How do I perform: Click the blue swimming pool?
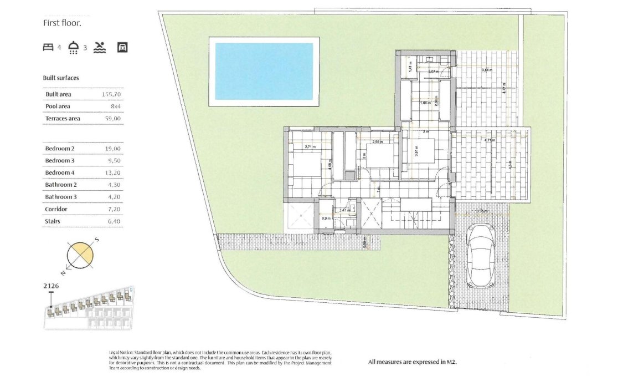tap(264, 72)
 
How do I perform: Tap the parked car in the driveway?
tap(481, 255)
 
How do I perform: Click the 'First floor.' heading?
tap(62, 23)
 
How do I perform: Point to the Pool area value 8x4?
tap(115, 106)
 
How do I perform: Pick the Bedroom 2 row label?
tap(60, 149)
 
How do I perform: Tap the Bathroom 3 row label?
tap(61, 197)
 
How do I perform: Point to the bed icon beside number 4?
tap(48, 47)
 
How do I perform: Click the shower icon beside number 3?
tap(73, 47)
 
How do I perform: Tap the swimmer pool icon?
tap(99, 47)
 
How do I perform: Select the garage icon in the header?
tap(122, 47)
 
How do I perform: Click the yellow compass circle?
tap(80, 256)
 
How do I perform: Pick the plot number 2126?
tap(51, 286)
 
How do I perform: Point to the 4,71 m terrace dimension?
tap(489, 140)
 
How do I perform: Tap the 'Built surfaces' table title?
tap(61, 78)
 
